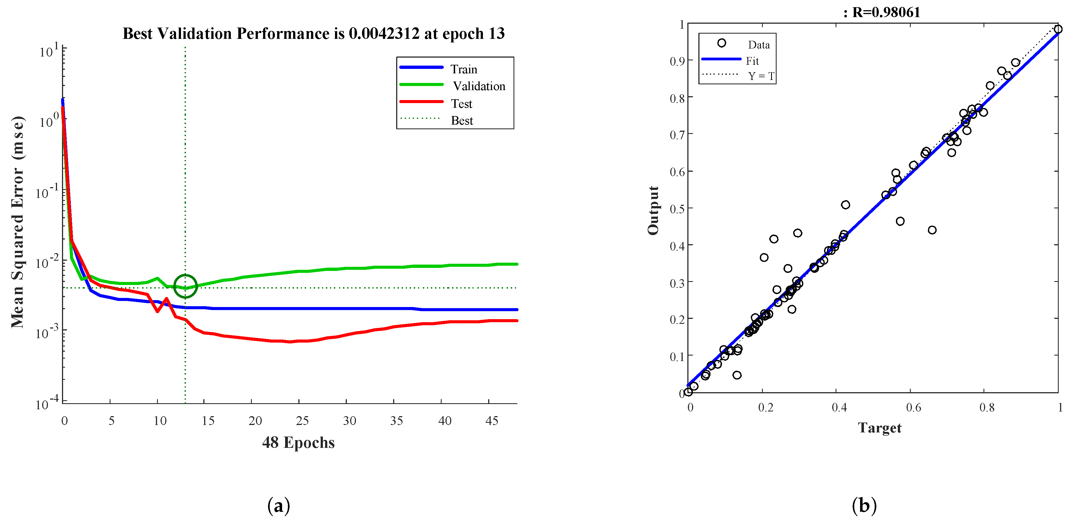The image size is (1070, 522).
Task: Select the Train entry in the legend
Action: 464,69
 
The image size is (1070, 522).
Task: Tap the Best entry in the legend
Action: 462,120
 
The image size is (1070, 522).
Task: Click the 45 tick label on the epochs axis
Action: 492,421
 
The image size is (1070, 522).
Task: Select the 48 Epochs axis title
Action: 298,443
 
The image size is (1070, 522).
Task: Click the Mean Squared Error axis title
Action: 17,222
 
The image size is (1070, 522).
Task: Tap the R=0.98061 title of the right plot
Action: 886,12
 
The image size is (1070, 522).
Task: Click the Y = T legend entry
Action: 761,76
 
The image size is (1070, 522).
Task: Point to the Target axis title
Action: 879,428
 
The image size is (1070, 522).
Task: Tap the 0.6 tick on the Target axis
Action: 913,407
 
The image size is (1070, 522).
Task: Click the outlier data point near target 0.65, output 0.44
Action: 932,230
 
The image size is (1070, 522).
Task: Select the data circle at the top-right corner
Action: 1058,29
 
